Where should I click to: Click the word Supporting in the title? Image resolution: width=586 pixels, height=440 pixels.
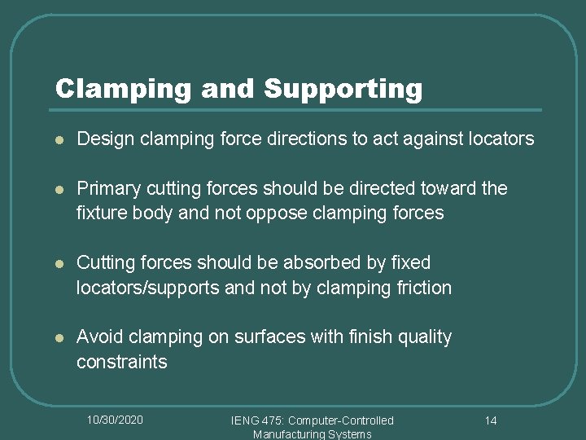[x=343, y=89]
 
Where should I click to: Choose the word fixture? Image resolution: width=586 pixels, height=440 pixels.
[x=102, y=213]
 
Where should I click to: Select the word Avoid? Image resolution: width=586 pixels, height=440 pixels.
[x=97, y=337]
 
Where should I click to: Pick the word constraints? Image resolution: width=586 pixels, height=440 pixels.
[x=121, y=362]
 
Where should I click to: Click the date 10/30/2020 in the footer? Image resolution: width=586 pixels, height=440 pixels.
[x=115, y=420]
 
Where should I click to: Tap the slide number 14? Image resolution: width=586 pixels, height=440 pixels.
[x=491, y=420]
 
